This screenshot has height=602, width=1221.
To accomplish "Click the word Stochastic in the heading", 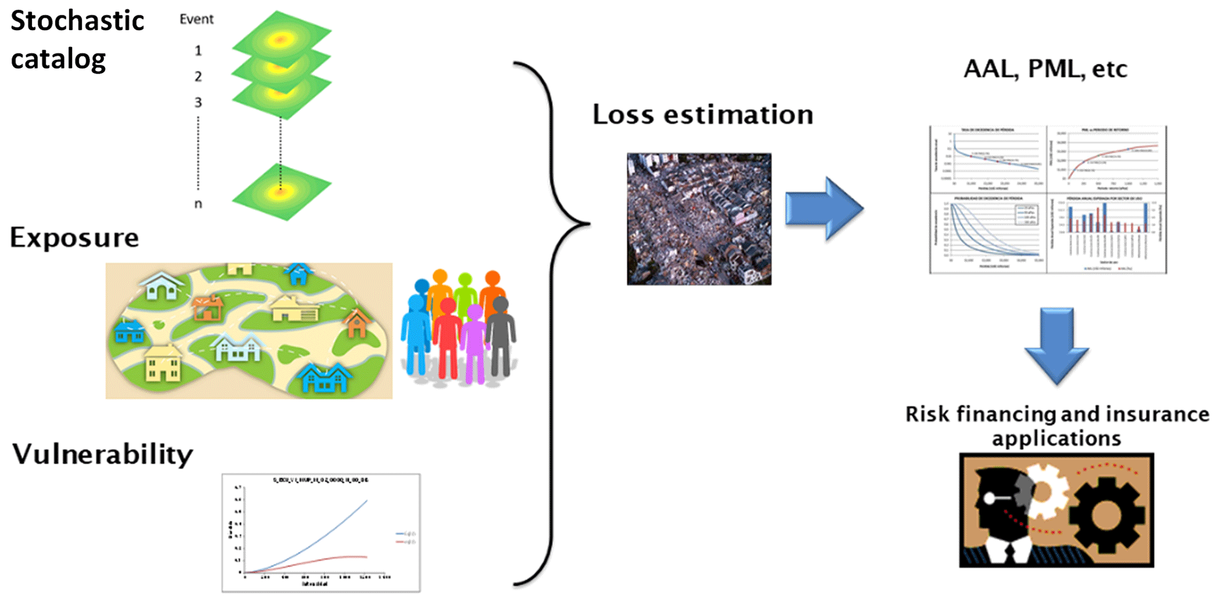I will point(77,21).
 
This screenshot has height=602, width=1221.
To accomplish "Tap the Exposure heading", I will point(74,238).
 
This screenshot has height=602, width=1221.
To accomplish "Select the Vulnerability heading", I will point(103,454).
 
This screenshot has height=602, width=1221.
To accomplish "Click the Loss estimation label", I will point(702,114).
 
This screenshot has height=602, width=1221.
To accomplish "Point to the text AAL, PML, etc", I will point(1045,69).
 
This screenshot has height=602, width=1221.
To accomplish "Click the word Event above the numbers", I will point(196,19).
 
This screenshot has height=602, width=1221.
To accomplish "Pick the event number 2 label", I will point(198,77).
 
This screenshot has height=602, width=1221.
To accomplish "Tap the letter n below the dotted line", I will point(198,204).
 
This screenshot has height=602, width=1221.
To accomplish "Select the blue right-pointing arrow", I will point(824,208).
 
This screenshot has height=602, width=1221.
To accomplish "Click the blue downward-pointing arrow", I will point(1056,345).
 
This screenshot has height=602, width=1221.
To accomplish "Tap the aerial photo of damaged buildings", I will point(699,219).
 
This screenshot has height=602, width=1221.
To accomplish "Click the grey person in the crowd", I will point(501,336).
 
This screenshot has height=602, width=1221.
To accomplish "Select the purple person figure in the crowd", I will point(474,342).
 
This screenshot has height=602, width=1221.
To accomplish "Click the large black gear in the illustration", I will point(1106,513).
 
